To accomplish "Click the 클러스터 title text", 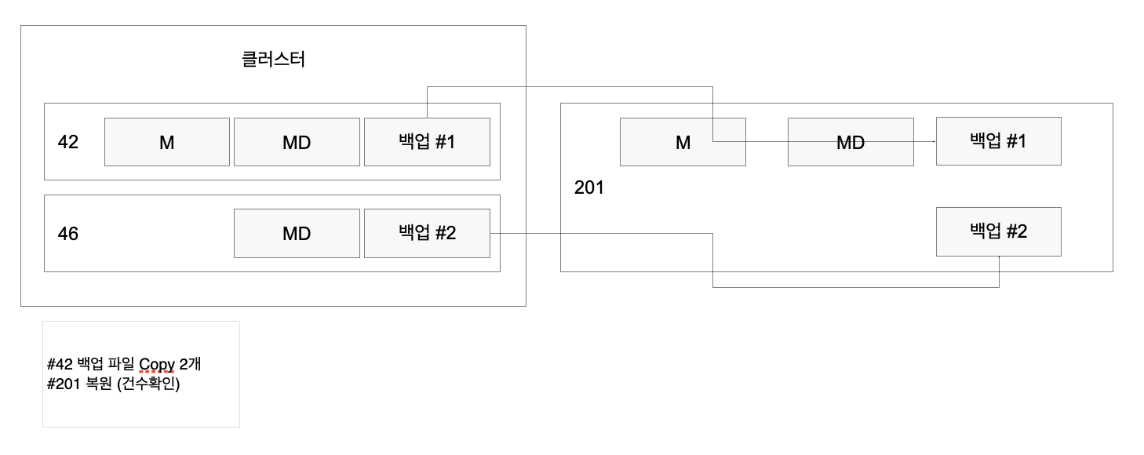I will [273, 60].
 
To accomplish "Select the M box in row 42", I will [167, 142].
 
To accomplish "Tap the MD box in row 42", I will [297, 142].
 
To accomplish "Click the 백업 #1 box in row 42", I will [427, 142].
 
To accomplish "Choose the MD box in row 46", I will [297, 233].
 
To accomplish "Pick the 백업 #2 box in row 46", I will [427, 233].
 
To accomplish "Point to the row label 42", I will [68, 143].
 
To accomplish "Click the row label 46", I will [68, 234].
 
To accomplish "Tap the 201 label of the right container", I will [589, 188].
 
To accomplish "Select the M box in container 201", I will [683, 142].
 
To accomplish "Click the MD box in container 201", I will [851, 142].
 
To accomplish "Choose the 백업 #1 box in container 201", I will [998, 141].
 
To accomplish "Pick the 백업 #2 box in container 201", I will [998, 231].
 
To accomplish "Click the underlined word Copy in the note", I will [157, 365].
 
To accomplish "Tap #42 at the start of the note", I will [60, 365].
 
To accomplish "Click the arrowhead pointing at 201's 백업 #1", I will [932, 142].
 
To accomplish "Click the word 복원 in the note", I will [99, 384].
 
